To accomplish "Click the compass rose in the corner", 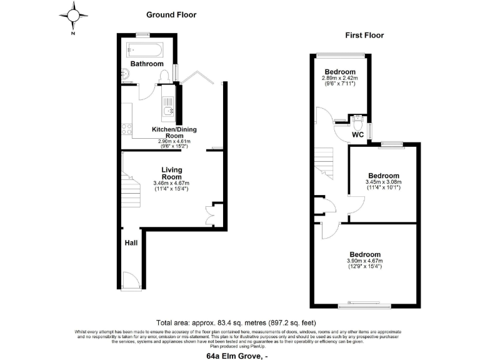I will click(x=74, y=14).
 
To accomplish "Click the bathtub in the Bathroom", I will click(x=144, y=49).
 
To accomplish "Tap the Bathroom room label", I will click(x=147, y=64).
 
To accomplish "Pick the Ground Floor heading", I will click(x=171, y=14).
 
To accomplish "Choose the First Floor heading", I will click(x=364, y=36).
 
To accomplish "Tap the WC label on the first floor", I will click(x=357, y=134).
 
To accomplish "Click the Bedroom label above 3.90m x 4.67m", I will click(x=365, y=254).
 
